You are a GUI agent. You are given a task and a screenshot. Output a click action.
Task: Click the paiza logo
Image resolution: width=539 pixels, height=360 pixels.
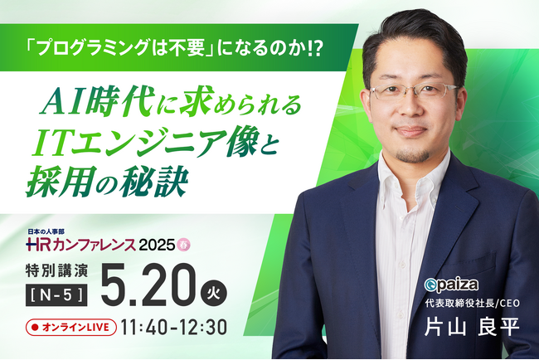tap(451, 285)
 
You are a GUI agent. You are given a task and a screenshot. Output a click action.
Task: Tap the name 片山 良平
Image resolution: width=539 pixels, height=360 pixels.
tap(472, 325)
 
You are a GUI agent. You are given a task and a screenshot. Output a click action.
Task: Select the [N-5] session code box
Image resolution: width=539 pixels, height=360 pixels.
tap(56, 295)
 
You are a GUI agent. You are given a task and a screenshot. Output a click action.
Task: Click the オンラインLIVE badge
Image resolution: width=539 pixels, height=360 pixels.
tap(71, 327)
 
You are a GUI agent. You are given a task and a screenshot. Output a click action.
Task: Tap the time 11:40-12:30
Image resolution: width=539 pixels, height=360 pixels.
tap(174, 327)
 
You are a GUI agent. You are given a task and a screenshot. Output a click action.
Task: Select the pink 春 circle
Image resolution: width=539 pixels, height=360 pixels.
tap(183, 245)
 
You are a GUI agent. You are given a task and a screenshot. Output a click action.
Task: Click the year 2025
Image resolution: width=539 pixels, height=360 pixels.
tap(157, 245)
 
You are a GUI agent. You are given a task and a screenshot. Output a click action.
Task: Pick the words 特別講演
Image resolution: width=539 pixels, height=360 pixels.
tap(56, 271)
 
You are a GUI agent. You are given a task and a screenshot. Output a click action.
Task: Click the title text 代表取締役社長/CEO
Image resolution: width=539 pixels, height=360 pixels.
tap(473, 304)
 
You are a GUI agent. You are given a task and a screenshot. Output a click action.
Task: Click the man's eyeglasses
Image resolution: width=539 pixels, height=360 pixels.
tap(414, 91)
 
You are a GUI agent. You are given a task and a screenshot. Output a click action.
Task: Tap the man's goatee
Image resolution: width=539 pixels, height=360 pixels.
tap(412, 155)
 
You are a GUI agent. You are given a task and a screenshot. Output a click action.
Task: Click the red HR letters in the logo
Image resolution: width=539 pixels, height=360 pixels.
tap(39, 245)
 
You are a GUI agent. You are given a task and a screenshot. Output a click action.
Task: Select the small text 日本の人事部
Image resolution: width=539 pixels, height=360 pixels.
tap(45, 232)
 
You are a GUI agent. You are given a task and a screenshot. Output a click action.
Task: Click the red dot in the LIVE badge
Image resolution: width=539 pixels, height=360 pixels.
tap(34, 328)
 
